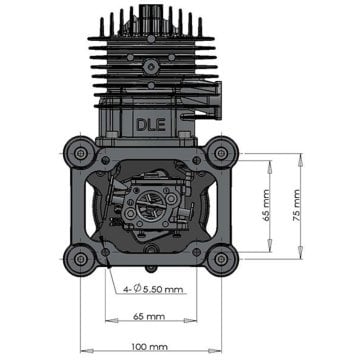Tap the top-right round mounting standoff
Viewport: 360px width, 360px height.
click(217, 154)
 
